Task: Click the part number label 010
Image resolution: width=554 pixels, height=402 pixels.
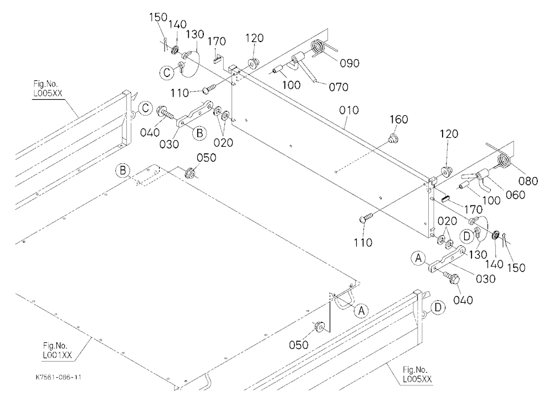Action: coord(348,110)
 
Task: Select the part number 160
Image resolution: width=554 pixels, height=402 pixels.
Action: coord(398,120)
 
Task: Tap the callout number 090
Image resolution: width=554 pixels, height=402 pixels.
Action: coord(350,63)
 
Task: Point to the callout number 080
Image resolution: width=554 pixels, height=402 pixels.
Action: coord(528,181)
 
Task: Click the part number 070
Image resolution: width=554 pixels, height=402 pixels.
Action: coord(338,87)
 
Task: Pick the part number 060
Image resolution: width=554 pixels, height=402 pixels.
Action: coord(515,195)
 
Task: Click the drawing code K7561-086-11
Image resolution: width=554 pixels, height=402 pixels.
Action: coord(58,377)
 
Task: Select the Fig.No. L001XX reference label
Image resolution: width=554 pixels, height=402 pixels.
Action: coord(57,351)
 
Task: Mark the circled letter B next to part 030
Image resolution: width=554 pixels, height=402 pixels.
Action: coord(199,133)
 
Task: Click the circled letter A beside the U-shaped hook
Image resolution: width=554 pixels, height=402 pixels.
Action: coord(361,311)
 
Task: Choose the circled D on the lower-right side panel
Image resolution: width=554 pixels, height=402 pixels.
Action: coord(438,308)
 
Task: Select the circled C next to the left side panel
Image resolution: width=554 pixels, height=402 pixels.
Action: coord(145,108)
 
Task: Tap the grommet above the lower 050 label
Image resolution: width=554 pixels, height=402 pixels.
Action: coord(320,327)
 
